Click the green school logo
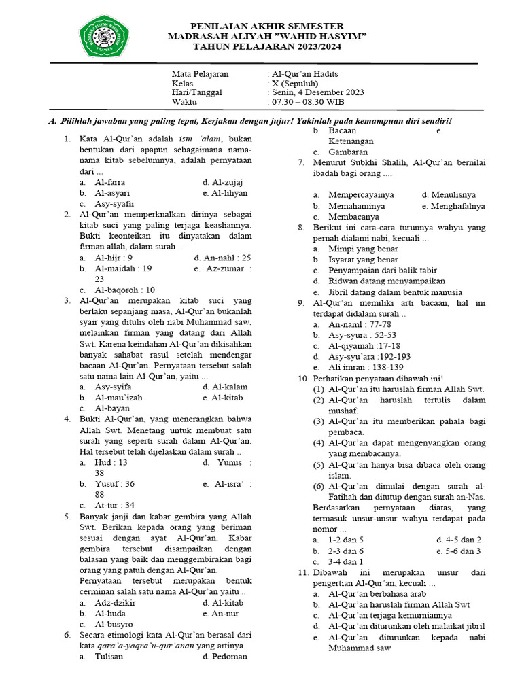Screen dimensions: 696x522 pyautogui.click(x=105, y=36)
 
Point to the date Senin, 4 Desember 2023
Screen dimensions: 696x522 pyautogui.click(x=317, y=92)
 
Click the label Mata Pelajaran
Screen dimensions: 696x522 pyautogui.click(x=200, y=73)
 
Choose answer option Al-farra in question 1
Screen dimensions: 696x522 pyautogui.click(x=109, y=182)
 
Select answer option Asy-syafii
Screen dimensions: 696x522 pyautogui.click(x=114, y=203)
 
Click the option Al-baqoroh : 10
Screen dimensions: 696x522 pyautogui.click(x=124, y=289)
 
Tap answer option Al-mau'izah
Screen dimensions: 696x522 pyautogui.click(x=118, y=398)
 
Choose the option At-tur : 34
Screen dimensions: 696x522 pyautogui.click(x=114, y=505)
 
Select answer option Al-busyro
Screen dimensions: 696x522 pyautogui.click(x=114, y=623)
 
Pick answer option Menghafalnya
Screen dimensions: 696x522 pyautogui.click(x=453, y=205)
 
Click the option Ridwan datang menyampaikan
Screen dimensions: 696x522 pyautogui.click(x=387, y=280)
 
